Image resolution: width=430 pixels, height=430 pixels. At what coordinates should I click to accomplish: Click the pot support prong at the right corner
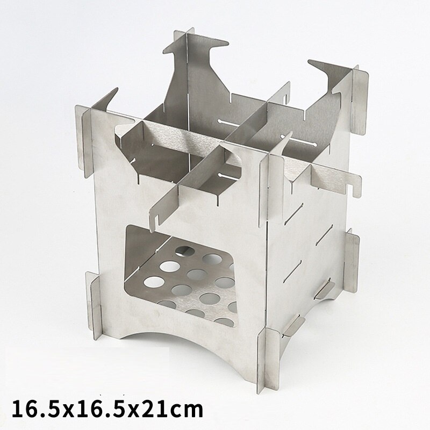pos(329,80)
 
